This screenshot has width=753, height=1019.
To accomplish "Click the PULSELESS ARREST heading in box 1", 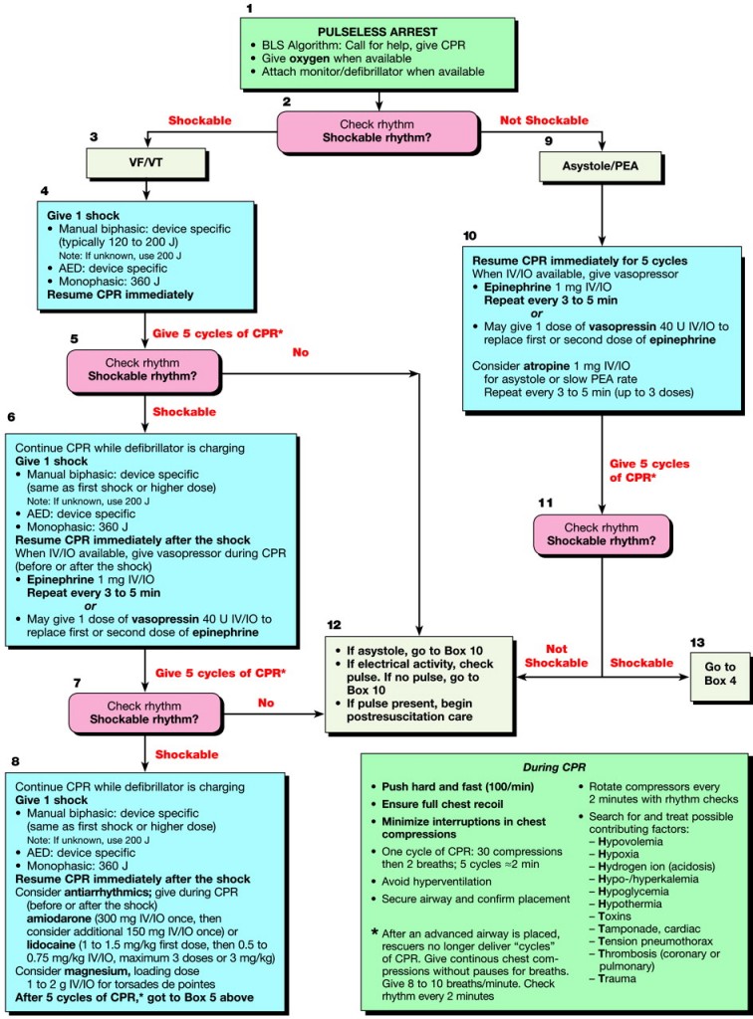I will pyautogui.click(x=378, y=32).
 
